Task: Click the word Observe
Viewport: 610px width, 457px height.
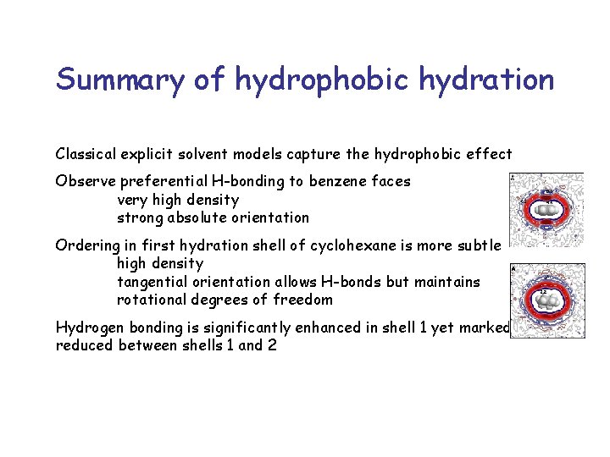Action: [x=86, y=181]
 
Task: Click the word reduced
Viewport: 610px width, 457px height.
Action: [x=83, y=345]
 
